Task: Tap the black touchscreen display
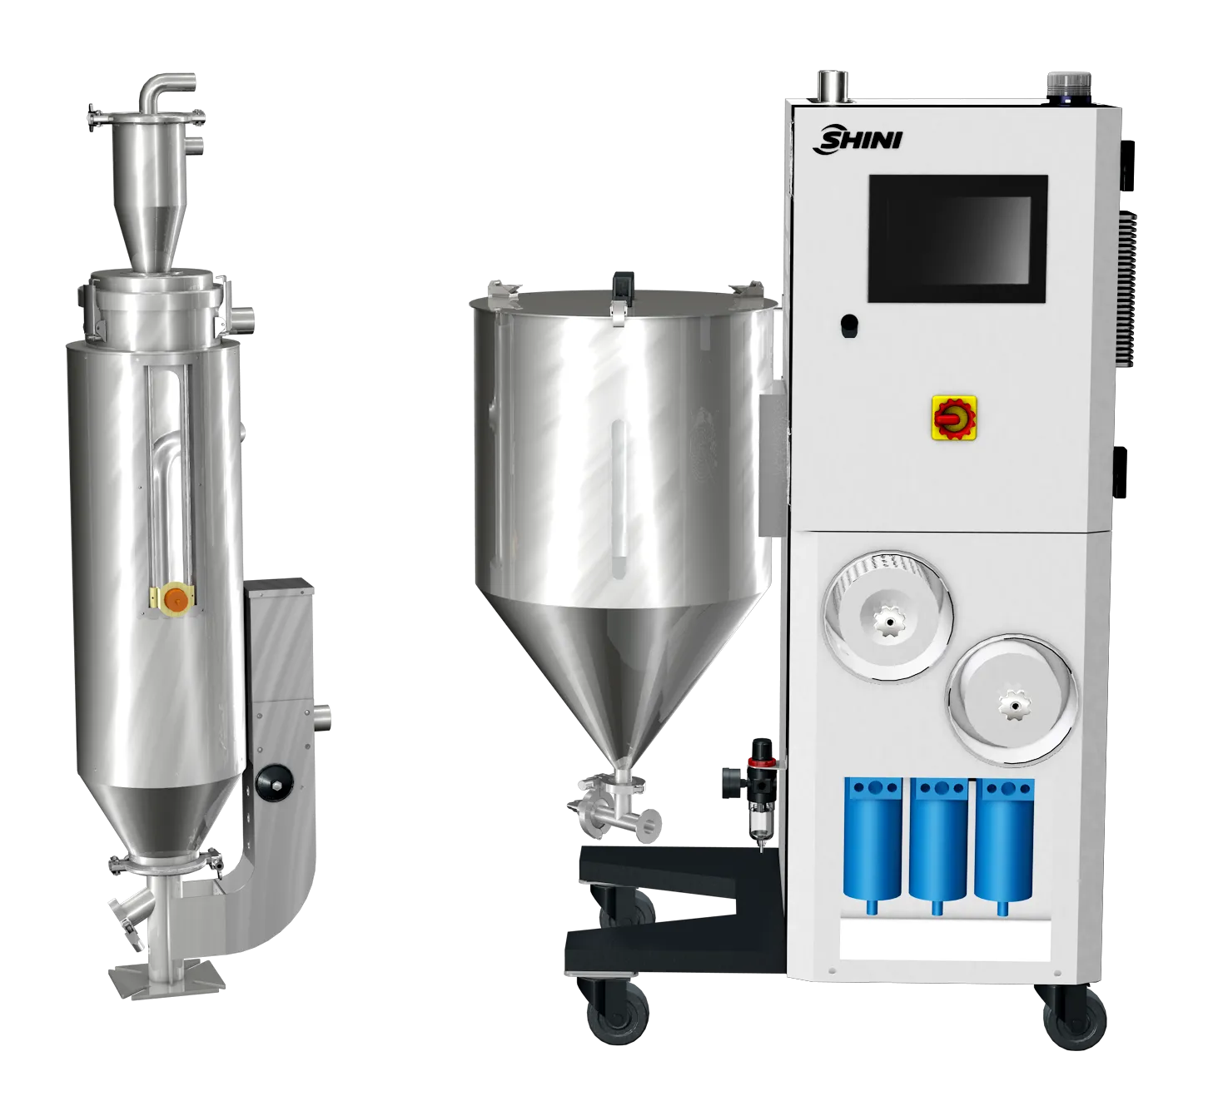957,238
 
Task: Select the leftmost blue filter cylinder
871,842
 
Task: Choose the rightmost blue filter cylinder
1003,842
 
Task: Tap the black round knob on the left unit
270,780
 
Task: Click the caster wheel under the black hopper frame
612,1017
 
